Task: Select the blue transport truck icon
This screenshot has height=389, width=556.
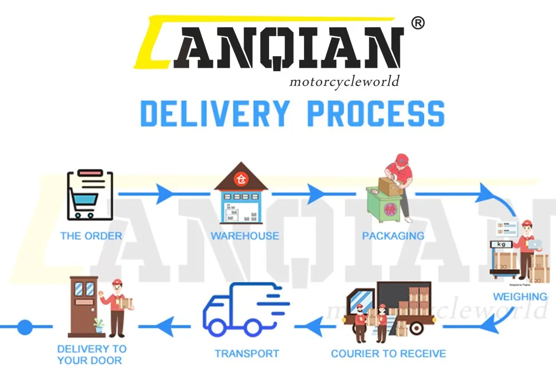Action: click(x=244, y=310)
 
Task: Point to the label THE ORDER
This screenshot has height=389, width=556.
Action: click(x=91, y=236)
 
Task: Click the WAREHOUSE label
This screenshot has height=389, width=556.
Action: click(x=245, y=236)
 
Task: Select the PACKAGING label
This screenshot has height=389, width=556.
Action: click(x=393, y=236)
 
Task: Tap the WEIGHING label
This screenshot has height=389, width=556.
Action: click(x=520, y=297)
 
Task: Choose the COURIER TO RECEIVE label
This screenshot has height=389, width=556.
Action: click(x=388, y=353)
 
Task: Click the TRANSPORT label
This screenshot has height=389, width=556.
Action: click(x=247, y=353)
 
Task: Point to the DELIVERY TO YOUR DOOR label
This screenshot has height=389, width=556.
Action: click(x=92, y=355)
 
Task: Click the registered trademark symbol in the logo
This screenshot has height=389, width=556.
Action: click(x=418, y=23)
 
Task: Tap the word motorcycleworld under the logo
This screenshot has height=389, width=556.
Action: click(x=344, y=82)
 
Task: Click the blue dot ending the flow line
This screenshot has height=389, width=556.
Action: click(x=25, y=327)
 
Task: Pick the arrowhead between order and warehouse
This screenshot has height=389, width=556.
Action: click(x=165, y=194)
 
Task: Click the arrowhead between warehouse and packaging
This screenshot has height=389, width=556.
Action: click(x=315, y=194)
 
